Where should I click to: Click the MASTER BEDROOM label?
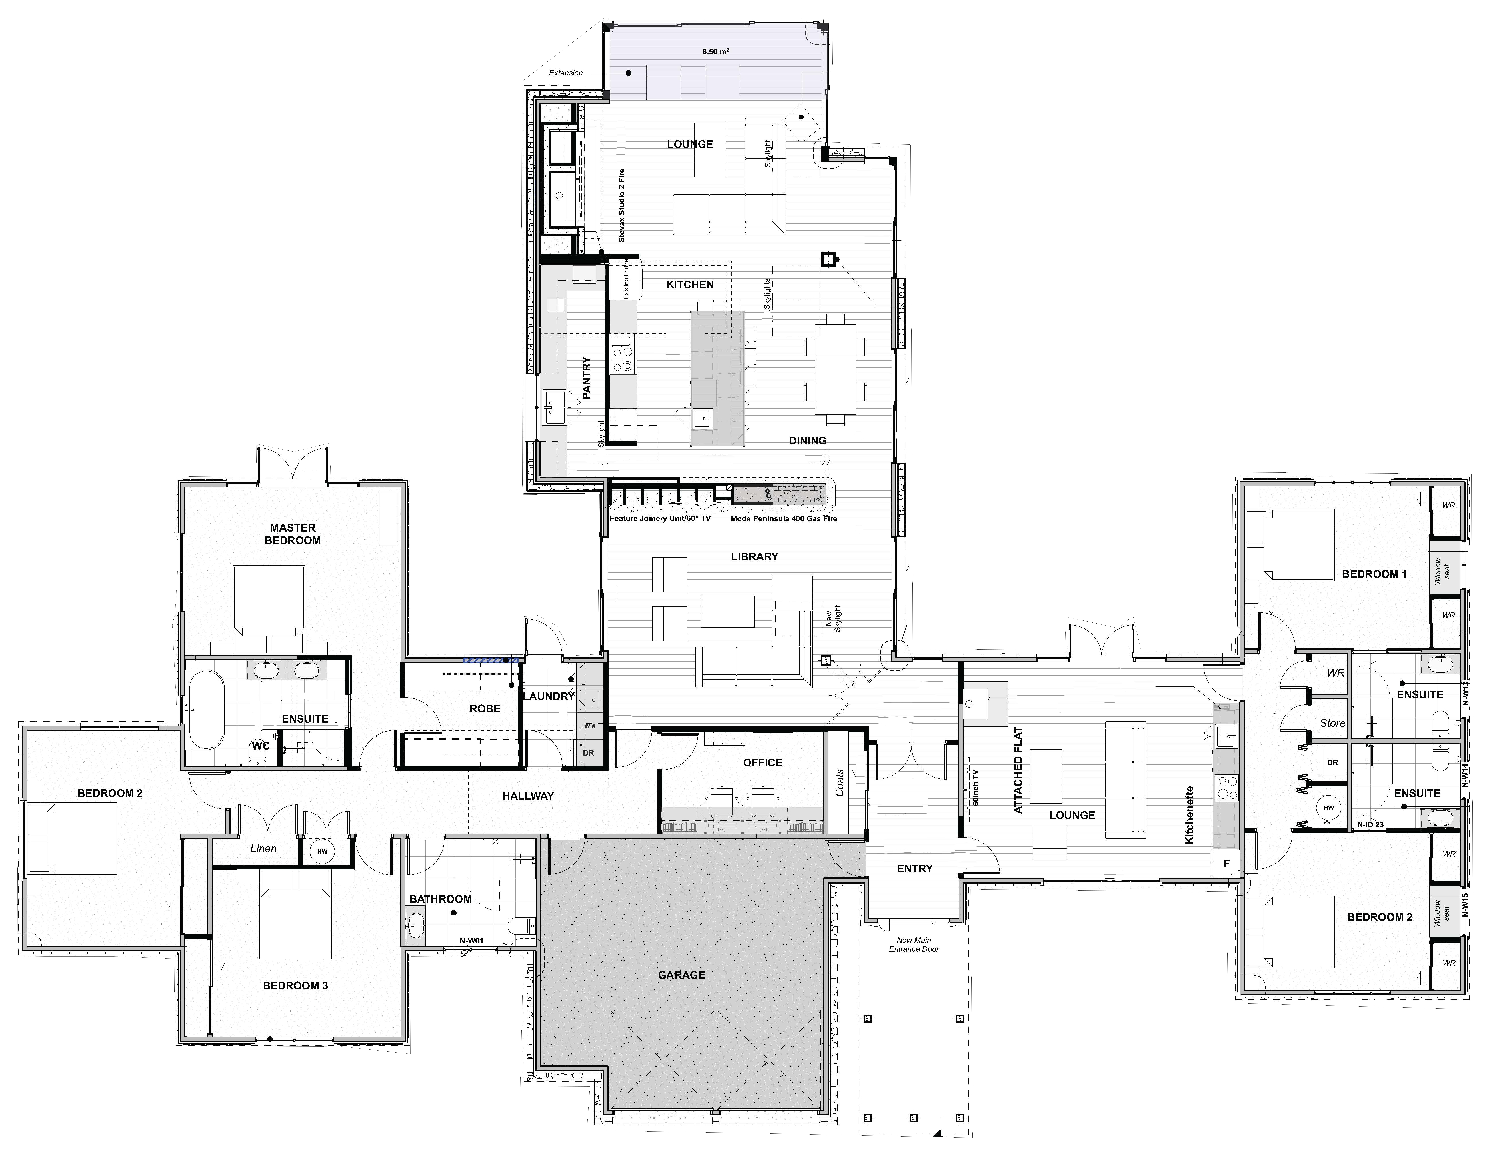[x=293, y=534]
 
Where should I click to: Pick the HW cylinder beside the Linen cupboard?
[x=321, y=851]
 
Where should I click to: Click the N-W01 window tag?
[x=472, y=941]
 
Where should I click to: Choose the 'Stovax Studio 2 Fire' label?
[x=622, y=206]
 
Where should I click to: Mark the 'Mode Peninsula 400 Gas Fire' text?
[x=783, y=519]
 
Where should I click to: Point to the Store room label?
[x=1332, y=722]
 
